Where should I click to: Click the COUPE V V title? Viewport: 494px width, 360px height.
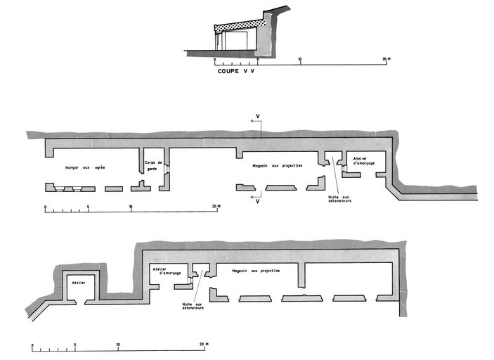click(235, 71)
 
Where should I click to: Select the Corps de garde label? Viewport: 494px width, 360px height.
click(154, 166)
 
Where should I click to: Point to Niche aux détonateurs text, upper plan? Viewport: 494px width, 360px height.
click(339, 199)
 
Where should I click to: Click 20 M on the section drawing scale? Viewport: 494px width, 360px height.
click(385, 58)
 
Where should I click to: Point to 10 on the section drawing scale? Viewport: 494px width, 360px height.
click(300, 58)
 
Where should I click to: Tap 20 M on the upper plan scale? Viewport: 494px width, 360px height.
click(216, 207)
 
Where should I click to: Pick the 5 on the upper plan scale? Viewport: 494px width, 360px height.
click(88, 207)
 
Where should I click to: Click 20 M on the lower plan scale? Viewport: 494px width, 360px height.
click(203, 345)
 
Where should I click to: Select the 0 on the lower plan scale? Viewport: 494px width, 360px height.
click(32, 345)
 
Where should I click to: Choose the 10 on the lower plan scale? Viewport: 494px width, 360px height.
click(118, 345)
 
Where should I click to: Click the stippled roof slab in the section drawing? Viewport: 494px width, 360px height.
click(239, 27)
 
